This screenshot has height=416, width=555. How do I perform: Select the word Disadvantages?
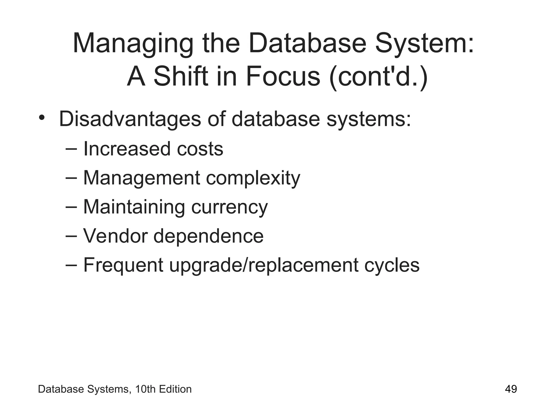pos(130,119)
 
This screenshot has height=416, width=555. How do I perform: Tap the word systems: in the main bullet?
pos(369,119)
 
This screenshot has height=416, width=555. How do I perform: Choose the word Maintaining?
pos(134,207)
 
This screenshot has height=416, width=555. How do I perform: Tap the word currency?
pos(229,207)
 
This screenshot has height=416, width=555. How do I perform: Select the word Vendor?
pos(115,236)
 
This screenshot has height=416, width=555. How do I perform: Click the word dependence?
pos(208,236)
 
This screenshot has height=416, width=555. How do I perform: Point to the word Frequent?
pos(123,265)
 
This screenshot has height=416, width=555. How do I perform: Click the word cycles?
pos(392,265)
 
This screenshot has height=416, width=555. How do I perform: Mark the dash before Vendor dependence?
pos(71,235)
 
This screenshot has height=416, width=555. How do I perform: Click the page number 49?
pos(511,389)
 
